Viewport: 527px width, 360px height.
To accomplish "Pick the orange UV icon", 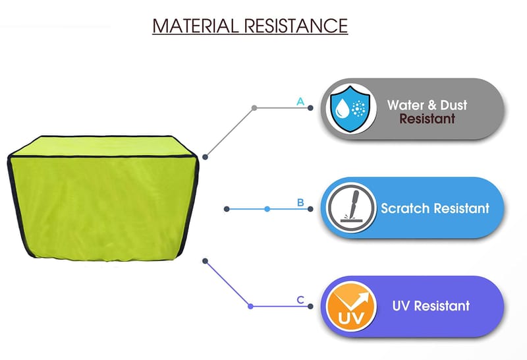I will coord(348,307).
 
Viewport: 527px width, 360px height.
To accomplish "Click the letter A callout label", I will coord(300,102).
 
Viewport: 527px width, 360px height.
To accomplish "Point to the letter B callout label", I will coord(300,202).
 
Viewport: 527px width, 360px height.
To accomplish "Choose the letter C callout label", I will coord(300,300).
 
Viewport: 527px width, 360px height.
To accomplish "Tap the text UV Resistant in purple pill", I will coord(431,306).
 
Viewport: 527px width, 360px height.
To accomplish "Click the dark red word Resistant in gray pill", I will coord(427,119).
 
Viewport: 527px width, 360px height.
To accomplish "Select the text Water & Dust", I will coord(427,104).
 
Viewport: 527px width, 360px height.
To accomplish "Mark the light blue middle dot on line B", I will coord(267,209).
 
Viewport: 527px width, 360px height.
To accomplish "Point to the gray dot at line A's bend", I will coord(254,107).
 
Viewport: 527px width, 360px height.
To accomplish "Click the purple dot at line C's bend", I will coord(250,306).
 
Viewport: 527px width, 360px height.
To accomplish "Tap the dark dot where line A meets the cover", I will coord(206,157).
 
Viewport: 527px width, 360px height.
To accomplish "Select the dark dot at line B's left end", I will coord(227,209).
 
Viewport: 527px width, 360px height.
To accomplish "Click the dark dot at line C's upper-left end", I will coord(206,260).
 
